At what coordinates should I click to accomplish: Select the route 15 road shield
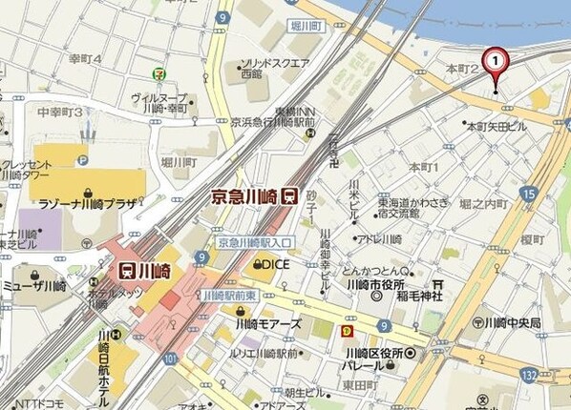[528, 194]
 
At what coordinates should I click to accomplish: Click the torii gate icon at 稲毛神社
[436, 284]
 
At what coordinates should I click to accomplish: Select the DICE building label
[272, 263]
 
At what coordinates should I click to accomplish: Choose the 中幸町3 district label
[59, 112]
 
